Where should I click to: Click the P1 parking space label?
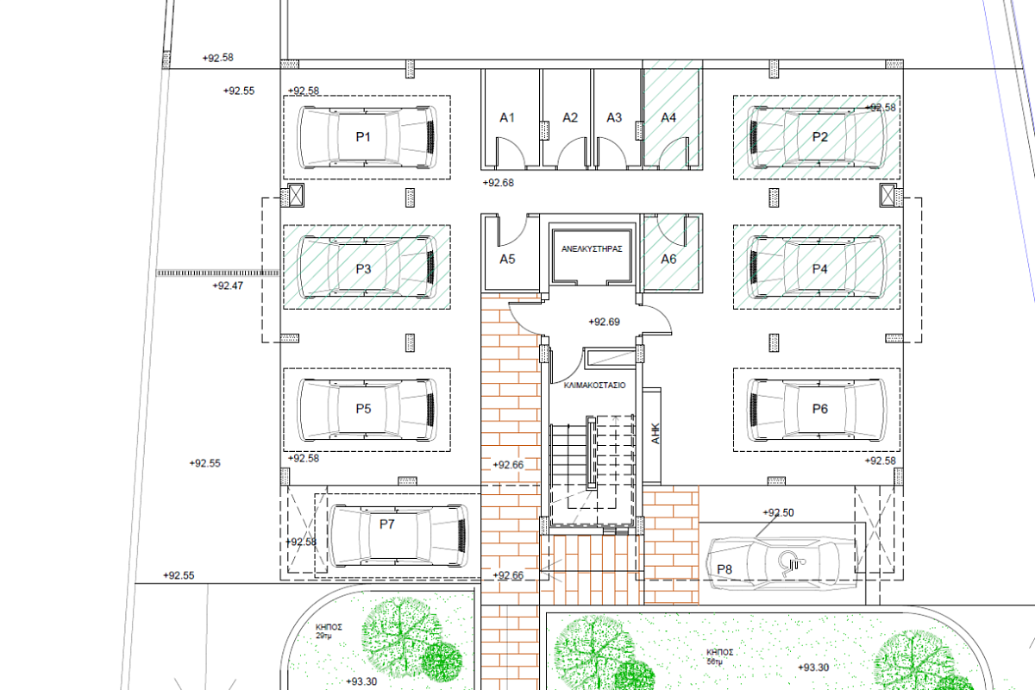point(363,137)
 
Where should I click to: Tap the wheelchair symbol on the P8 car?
point(791,563)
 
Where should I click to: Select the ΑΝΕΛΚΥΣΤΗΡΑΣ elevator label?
point(592,248)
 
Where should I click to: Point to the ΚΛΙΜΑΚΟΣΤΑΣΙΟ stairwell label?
point(594,385)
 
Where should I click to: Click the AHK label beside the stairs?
point(655,434)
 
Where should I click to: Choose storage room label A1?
point(507,118)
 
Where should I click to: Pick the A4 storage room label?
point(668,118)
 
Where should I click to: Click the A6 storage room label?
point(668,260)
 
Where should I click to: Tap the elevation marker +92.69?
point(604,322)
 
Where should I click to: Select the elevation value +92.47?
point(228,285)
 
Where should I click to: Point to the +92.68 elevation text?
point(499,183)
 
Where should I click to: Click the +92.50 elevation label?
point(778,512)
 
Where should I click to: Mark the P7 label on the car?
point(386,524)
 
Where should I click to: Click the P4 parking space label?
point(819,269)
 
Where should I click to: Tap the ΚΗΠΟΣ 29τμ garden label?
point(329,631)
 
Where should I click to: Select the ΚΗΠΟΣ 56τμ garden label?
point(719,656)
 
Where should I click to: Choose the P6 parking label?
point(819,409)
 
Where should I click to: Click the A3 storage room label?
point(614,118)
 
